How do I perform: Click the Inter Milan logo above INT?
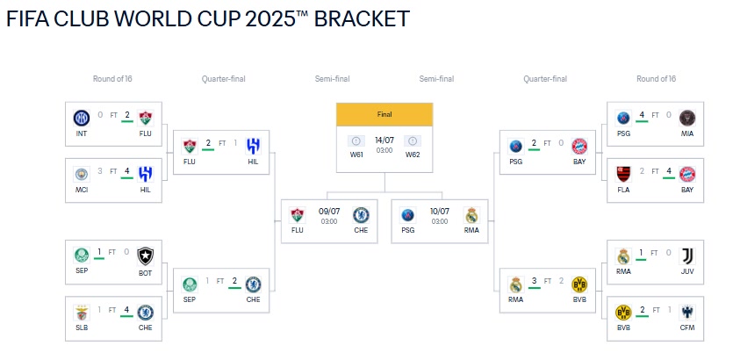tap(82, 118)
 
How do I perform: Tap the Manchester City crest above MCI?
tap(82, 174)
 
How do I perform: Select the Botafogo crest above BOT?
tap(146, 256)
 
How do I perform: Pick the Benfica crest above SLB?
tap(82, 313)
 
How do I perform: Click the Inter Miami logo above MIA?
tap(687, 118)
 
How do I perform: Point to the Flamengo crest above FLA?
tap(623, 174)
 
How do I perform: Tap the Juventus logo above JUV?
tap(687, 256)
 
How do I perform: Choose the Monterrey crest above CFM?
tap(687, 313)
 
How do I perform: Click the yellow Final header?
tap(384, 114)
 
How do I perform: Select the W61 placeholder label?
tap(356, 155)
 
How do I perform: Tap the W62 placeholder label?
tap(413, 155)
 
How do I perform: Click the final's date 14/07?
tap(384, 140)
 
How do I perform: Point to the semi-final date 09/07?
tap(329, 212)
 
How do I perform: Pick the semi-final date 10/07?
tap(440, 212)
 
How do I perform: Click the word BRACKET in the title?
tap(362, 18)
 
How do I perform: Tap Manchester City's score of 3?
tap(100, 171)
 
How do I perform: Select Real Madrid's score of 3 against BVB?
tap(535, 280)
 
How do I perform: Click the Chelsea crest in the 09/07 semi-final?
tap(361, 215)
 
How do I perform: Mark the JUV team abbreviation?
tap(687, 271)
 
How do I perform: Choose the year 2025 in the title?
tap(270, 18)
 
